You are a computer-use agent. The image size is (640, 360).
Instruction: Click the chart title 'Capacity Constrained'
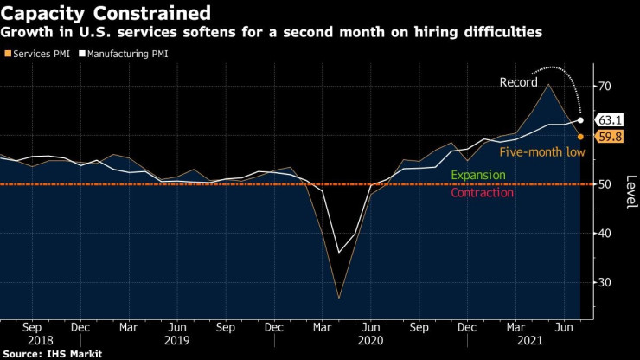(x=105, y=14)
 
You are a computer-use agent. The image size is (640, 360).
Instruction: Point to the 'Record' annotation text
(x=519, y=84)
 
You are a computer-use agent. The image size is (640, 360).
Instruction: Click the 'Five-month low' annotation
(x=542, y=152)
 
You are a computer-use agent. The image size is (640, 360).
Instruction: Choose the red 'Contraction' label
(x=483, y=193)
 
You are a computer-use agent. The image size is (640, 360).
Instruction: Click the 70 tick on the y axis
(x=605, y=87)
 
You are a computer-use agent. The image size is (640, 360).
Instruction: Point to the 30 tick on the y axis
(x=605, y=283)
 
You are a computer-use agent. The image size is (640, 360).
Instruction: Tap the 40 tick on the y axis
(x=605, y=234)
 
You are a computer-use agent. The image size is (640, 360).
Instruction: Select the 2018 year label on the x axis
(x=41, y=342)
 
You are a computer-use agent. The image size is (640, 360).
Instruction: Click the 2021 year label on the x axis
(x=528, y=342)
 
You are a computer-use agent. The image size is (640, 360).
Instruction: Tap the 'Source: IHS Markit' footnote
(x=52, y=354)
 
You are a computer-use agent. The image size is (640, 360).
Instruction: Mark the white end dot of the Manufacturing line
(x=580, y=120)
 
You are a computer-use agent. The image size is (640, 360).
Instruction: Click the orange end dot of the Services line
(x=580, y=137)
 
